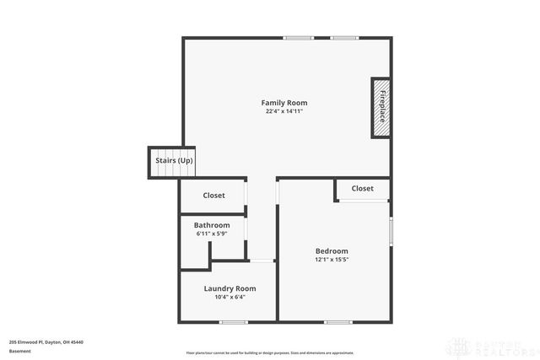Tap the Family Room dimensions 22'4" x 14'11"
283,111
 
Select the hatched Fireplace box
381,107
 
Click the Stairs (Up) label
174,160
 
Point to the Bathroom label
212,225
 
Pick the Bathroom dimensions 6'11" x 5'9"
212,234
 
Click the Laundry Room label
229,288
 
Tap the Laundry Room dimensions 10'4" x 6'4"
229,297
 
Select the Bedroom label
332,251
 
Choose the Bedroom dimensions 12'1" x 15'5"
332,260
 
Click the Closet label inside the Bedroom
363,189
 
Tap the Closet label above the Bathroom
214,196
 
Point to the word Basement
19,351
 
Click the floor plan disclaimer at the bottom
270,352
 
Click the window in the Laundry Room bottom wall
233,322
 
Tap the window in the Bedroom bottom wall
338,322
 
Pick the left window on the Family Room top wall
298,37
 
